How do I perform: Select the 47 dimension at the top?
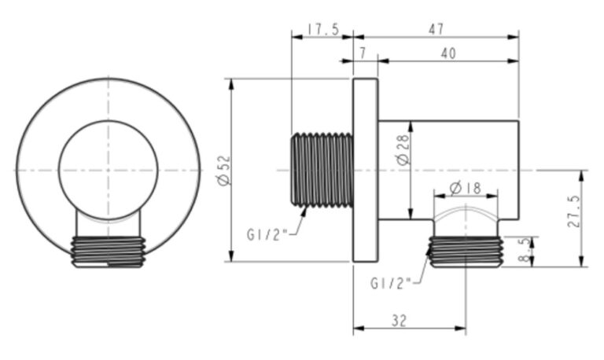(x=436, y=29)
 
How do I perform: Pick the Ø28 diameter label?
(x=402, y=149)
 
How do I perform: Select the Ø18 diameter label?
(x=466, y=188)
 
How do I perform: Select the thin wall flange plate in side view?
(x=365, y=170)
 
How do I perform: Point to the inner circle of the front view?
(x=109, y=170)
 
